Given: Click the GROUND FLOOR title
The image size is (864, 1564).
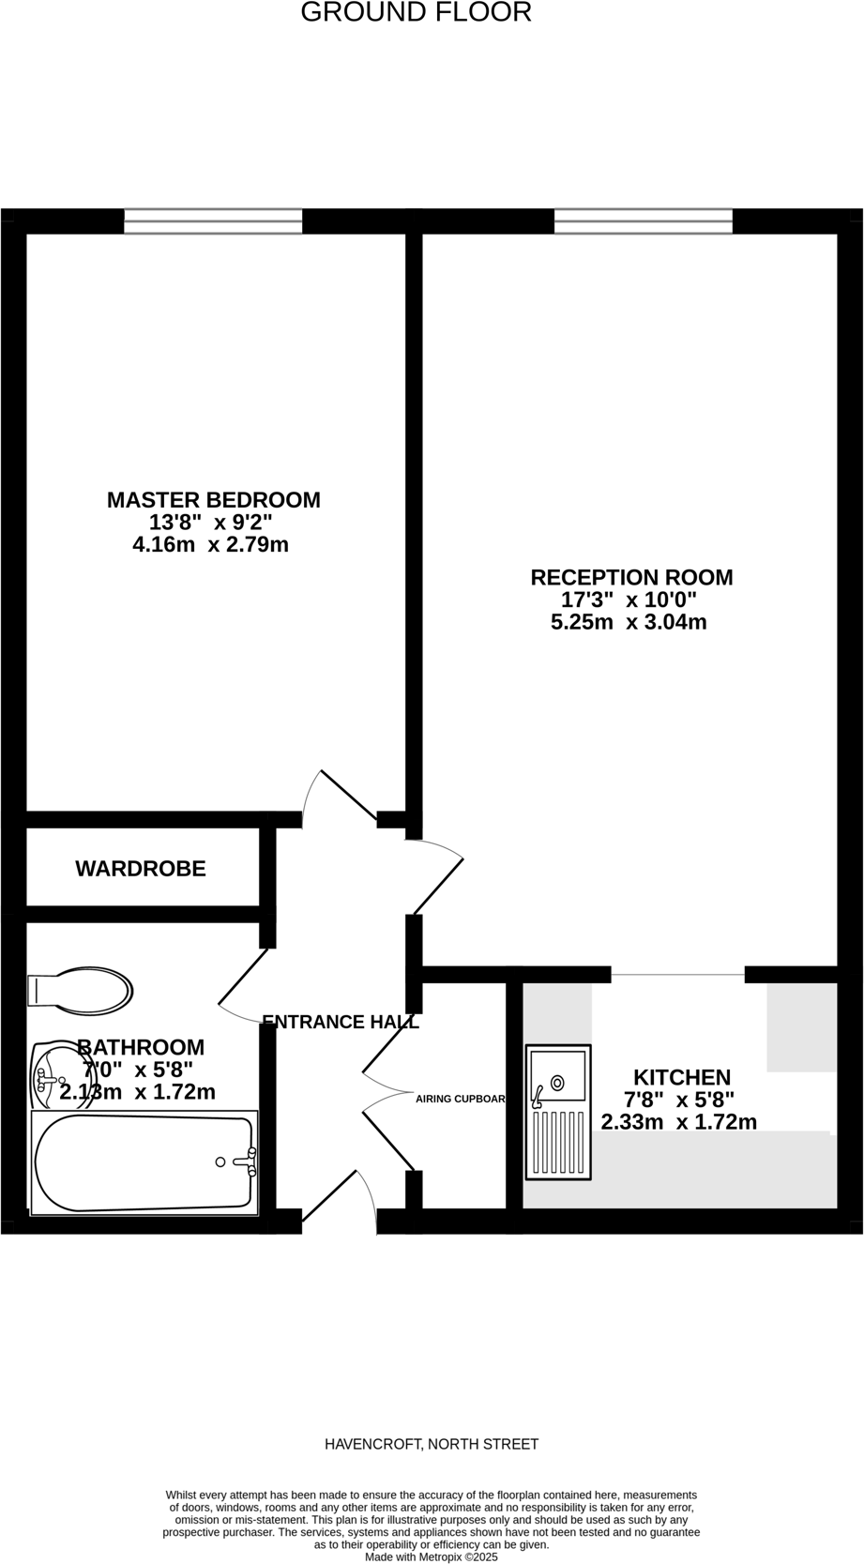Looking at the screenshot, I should [416, 12].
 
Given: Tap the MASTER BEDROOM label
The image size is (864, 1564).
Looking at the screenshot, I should [213, 500].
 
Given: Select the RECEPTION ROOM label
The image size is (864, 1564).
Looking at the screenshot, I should [631, 577].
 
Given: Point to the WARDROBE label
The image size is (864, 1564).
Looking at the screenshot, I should [141, 869].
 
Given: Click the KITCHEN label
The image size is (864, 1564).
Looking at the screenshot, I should [681, 1077].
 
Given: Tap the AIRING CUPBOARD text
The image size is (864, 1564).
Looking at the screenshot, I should [461, 1098].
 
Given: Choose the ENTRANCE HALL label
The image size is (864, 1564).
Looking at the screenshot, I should [340, 1022].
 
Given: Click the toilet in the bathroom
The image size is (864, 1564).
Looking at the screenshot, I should [80, 990].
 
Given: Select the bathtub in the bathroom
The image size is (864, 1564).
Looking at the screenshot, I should [143, 1162].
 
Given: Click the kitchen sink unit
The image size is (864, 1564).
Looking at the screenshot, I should [558, 1112].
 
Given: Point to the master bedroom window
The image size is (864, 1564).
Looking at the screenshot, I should [213, 221].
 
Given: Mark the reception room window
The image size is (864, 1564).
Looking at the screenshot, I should [643, 221].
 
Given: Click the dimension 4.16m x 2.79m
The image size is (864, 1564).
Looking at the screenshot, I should [211, 544].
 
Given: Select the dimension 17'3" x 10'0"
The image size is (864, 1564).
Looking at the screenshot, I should [629, 600].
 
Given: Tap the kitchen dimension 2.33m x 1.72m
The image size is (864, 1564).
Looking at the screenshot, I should [678, 1121].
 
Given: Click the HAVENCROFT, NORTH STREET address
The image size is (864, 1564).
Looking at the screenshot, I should [432, 1444].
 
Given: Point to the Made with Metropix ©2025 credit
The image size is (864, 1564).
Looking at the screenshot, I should [432, 1556].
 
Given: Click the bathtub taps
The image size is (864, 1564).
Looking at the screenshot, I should [248, 1162].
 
